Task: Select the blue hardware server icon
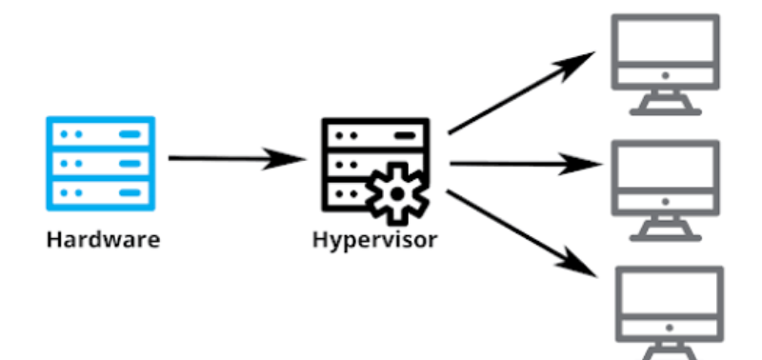click(x=100, y=164)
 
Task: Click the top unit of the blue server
click(x=100, y=134)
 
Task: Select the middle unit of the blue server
click(x=100, y=164)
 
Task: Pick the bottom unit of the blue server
click(x=100, y=193)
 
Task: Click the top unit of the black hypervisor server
click(x=374, y=134)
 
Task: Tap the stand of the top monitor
click(x=666, y=103)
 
